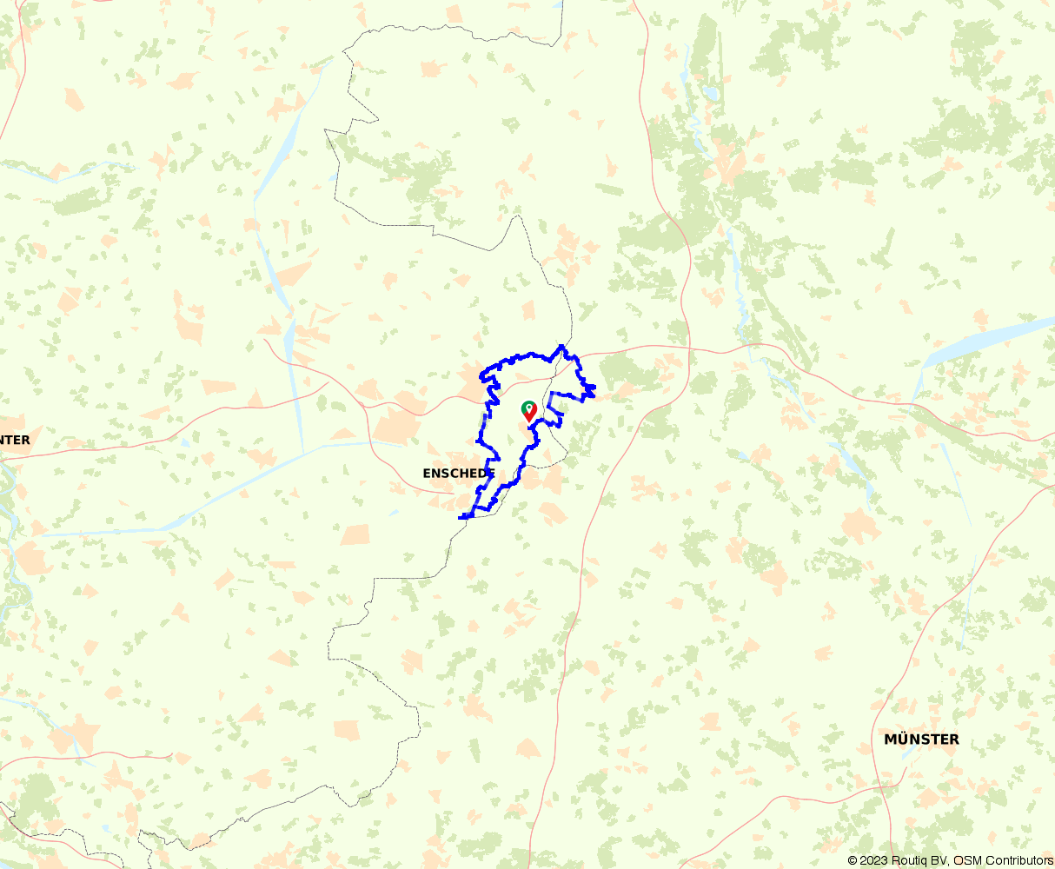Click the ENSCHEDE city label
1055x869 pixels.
click(x=458, y=474)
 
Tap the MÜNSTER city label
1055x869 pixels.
click(x=921, y=740)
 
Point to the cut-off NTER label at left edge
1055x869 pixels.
click(x=15, y=441)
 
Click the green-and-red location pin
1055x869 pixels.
click(x=528, y=411)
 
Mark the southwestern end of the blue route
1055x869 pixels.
click(x=461, y=517)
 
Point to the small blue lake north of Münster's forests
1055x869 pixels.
click(x=711, y=90)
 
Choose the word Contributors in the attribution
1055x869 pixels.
click(x=1019, y=860)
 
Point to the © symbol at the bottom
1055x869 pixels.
click(x=853, y=860)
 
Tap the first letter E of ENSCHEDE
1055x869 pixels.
click(x=427, y=474)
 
